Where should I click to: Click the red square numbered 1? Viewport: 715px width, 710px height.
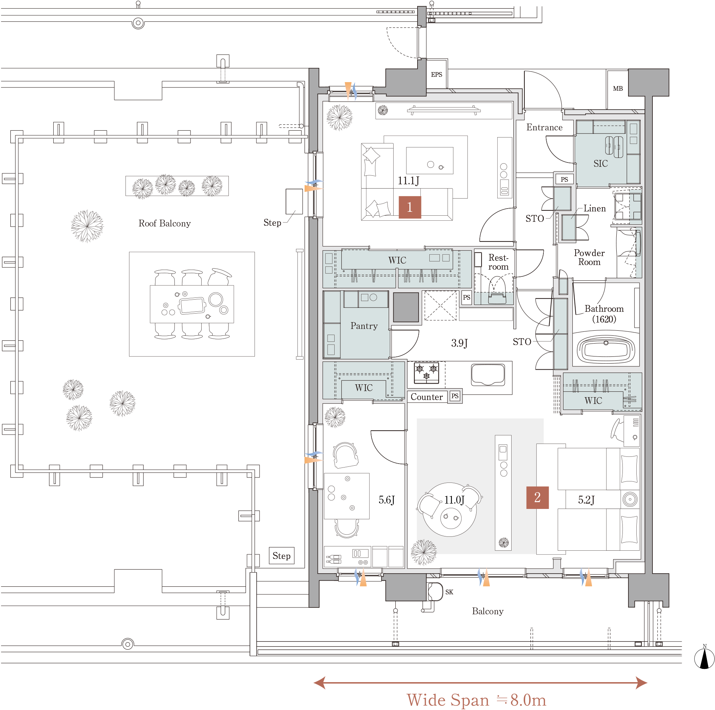coord(410,207)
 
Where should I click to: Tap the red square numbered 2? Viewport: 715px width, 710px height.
coord(537,497)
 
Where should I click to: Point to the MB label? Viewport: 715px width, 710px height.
coord(618,88)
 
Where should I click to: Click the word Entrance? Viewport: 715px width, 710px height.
coord(544,127)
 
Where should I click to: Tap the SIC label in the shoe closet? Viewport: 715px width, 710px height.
coord(601,164)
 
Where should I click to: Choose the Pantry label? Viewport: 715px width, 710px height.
coord(364,326)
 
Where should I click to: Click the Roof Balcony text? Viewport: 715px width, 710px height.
coord(165,223)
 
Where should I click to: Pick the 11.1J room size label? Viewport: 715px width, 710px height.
coord(409,180)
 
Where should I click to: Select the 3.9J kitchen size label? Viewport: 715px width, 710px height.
coord(459,343)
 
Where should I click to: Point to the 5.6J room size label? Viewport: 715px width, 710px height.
coord(387,500)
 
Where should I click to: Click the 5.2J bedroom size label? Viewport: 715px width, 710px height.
coord(586,500)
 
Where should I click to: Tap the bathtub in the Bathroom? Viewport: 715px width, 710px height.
coord(606,349)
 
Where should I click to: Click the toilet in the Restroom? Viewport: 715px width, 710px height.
coord(497,290)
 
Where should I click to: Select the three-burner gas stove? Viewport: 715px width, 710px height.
coord(426,373)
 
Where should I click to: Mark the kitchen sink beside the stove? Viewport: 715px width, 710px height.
coord(488,374)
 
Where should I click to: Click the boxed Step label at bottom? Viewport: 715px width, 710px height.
coord(282,555)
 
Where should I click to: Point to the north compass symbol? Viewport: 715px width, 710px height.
coord(704,659)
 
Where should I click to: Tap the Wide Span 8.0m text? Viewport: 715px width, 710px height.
coord(476,700)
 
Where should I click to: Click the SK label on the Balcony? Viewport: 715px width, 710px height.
coord(449,592)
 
